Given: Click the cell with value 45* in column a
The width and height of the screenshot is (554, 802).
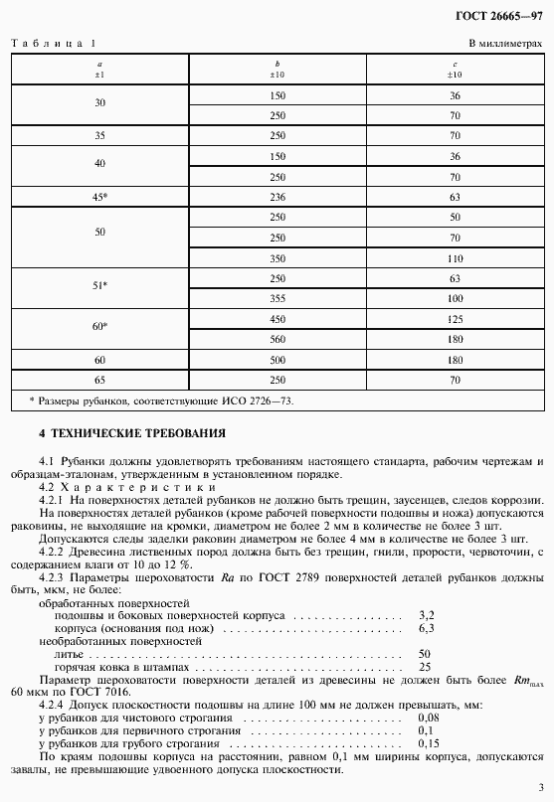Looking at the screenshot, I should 99,198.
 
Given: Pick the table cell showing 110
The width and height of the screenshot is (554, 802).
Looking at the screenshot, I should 455,257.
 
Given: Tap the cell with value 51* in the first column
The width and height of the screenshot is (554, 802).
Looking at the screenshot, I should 99,287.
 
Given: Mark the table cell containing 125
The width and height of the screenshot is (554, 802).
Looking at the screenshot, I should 455,319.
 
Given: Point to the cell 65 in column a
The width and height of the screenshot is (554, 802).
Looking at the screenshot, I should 99,380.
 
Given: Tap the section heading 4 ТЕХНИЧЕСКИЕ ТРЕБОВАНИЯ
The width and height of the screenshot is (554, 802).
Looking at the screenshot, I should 131,434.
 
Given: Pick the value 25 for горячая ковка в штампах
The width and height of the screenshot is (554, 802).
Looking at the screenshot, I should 426,667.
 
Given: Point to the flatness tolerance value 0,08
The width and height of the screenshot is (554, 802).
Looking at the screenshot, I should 429,717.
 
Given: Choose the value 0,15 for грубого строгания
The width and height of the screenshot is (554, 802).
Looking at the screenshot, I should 429,742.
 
